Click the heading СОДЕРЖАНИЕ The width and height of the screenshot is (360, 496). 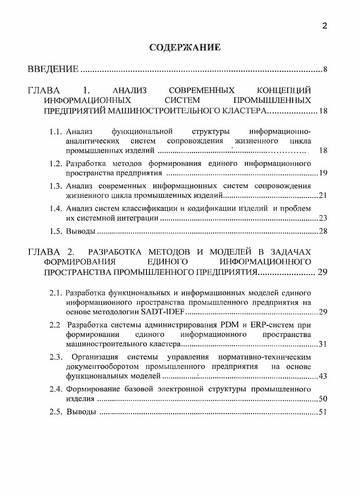tap(185, 48)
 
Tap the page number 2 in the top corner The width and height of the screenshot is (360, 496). tap(324, 26)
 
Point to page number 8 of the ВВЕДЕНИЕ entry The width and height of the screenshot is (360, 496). tap(325, 70)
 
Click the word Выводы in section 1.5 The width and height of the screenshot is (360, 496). tap(80, 231)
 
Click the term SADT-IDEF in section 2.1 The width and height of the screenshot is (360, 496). tap(166, 313)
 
